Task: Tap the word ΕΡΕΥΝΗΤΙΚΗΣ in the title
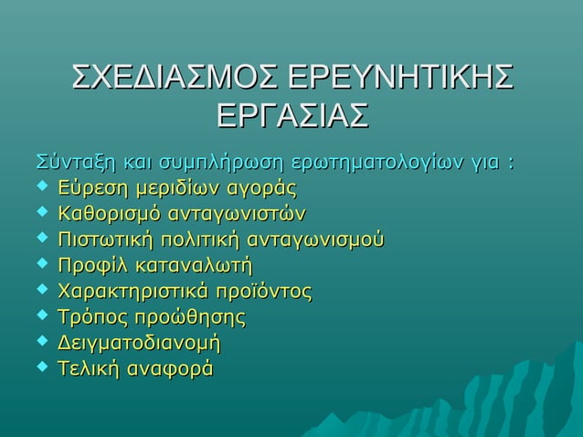point(399,80)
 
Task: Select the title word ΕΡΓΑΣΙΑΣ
point(291,119)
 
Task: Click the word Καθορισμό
point(110,215)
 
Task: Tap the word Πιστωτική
point(105,240)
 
